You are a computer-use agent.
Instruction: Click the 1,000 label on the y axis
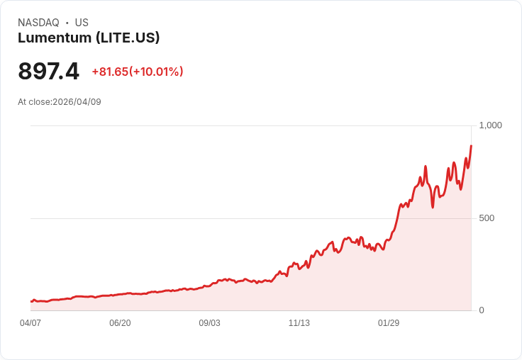(490, 125)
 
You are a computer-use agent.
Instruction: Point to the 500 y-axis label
(487, 218)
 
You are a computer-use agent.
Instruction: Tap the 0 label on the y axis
(482, 310)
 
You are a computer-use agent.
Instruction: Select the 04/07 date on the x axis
(30, 323)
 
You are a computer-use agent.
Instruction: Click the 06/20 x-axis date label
(120, 323)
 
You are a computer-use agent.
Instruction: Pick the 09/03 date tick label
(209, 323)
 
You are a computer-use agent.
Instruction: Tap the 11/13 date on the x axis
(299, 323)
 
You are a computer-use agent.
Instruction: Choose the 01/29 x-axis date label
(389, 323)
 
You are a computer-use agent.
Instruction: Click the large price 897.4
(49, 72)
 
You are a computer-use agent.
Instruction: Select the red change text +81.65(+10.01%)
(138, 72)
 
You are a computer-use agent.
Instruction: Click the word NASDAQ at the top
(38, 23)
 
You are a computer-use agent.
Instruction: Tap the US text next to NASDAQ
(82, 23)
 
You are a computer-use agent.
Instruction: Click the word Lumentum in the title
(55, 38)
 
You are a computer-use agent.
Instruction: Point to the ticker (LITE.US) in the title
(128, 38)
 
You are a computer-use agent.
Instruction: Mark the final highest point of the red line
(471, 146)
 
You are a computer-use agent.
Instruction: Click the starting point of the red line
(31, 302)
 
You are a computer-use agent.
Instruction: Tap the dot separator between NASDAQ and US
(67, 23)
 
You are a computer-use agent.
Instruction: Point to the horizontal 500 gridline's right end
(470, 218)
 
